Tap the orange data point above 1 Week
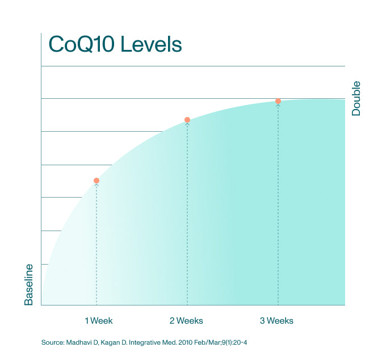click(96, 181)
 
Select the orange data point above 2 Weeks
click(187, 120)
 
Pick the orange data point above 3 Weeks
click(278, 101)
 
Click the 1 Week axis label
click(99, 321)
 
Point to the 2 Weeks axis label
click(186, 321)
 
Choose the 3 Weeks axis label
click(277, 321)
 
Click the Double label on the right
click(356, 99)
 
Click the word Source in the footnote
click(53, 343)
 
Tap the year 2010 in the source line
click(191, 343)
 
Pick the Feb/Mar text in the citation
click(213, 343)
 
